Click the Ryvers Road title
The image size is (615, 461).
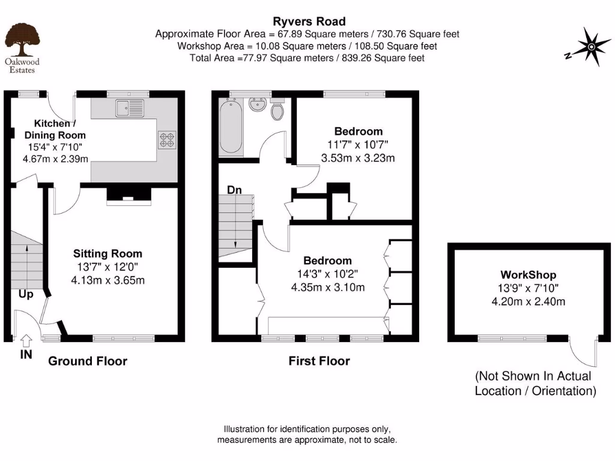307,22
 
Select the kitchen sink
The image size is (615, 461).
131,108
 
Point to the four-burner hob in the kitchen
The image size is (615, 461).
166,140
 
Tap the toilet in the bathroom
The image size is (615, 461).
278,110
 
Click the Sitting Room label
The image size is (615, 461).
108,253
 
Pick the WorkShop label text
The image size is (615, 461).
528,276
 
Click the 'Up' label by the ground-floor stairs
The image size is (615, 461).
25,295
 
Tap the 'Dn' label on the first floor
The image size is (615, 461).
234,190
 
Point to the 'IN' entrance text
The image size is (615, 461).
26,355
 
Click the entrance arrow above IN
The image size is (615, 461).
26,340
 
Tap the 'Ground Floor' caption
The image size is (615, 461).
88,361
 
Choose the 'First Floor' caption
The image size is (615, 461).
319,361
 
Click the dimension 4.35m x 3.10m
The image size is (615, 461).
327,287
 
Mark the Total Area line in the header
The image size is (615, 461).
307,58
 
